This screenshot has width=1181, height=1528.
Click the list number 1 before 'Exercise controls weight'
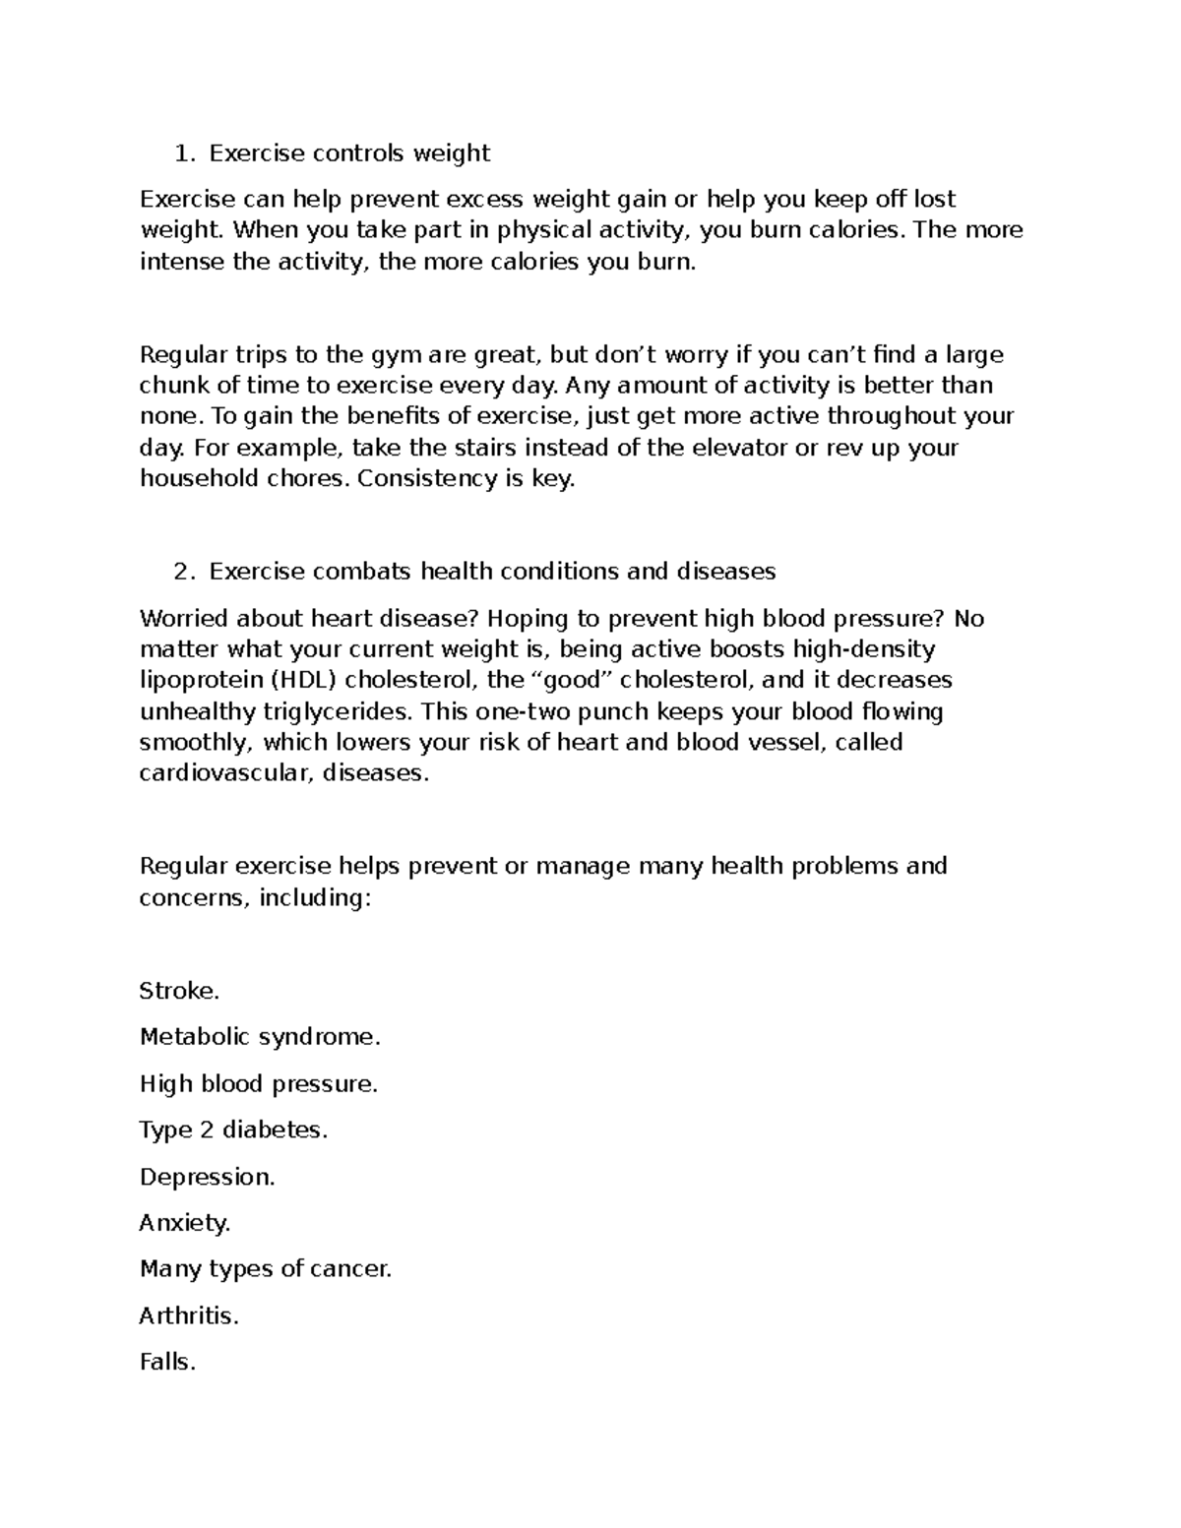pyautogui.click(x=180, y=153)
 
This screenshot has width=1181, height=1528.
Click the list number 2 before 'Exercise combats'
pyautogui.click(x=180, y=572)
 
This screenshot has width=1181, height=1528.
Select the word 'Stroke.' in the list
pyautogui.click(x=179, y=991)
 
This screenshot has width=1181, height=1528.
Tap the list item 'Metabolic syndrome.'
pyautogui.click(x=260, y=1037)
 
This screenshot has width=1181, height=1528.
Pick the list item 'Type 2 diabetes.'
pyautogui.click(x=233, y=1131)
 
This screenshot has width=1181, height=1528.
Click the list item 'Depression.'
pyautogui.click(x=208, y=1178)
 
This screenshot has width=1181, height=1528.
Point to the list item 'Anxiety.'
pyautogui.click(x=185, y=1223)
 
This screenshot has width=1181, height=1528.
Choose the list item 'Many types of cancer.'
pyautogui.click(x=266, y=1269)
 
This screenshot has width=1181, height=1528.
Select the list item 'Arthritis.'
pyautogui.click(x=189, y=1316)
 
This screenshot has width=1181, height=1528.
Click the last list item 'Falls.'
pyautogui.click(x=168, y=1363)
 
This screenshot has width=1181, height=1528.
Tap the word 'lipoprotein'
pyautogui.click(x=197, y=681)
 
